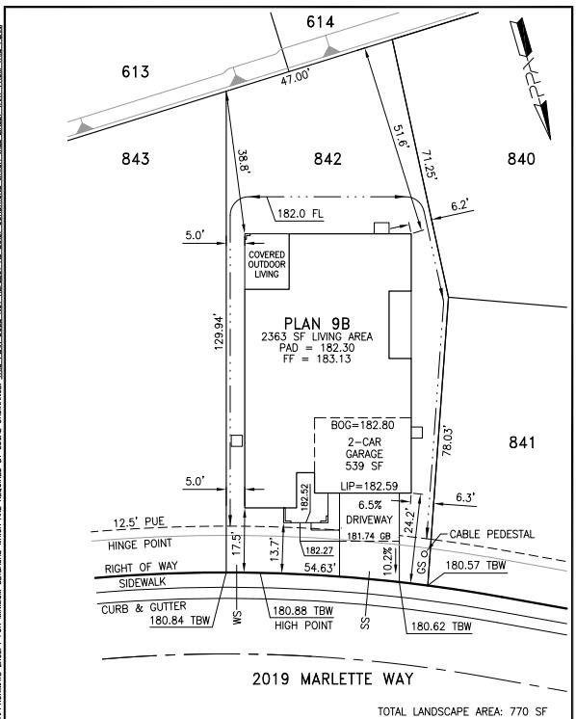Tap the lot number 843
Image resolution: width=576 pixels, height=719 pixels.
coord(135,159)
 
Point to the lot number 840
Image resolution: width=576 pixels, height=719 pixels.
coord(520,159)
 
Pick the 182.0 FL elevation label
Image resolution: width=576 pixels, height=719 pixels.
coord(305,215)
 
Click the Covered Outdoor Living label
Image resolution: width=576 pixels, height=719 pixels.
coord(267,264)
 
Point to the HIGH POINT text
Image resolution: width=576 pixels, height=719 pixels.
coord(301,625)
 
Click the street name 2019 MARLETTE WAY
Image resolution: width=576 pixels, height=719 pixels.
coord(332,679)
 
